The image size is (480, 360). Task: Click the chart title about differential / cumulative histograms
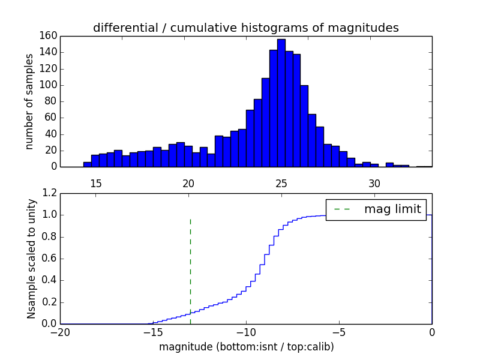point(245,28)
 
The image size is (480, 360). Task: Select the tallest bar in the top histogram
point(281,102)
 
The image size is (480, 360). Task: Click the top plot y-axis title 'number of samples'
point(29,101)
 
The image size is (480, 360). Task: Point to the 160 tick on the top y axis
point(49,36)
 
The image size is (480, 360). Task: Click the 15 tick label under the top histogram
point(96,183)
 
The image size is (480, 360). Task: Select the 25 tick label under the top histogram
point(281,183)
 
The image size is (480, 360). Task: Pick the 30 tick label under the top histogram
point(374,183)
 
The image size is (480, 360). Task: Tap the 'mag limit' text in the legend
point(392,209)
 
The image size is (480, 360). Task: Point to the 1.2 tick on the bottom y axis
point(49,193)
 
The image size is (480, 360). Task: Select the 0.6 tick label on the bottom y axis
point(49,259)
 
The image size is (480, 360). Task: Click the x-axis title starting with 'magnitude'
point(246,347)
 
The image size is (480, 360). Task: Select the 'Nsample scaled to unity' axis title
point(31,259)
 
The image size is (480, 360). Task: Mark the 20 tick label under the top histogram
point(189,183)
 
